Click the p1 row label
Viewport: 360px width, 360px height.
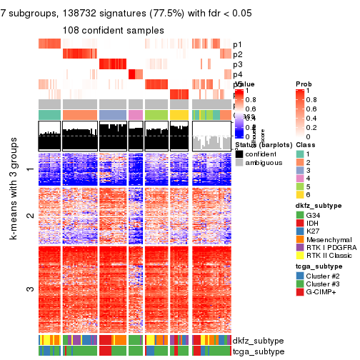(x=238, y=44)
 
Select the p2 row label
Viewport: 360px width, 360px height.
(x=238, y=54)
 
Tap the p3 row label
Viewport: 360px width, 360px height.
(x=238, y=64)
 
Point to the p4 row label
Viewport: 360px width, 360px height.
(x=238, y=74)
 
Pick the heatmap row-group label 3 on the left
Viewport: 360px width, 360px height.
(x=29, y=289)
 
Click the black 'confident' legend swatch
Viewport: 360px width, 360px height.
(x=239, y=152)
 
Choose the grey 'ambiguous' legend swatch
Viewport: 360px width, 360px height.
(x=239, y=162)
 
